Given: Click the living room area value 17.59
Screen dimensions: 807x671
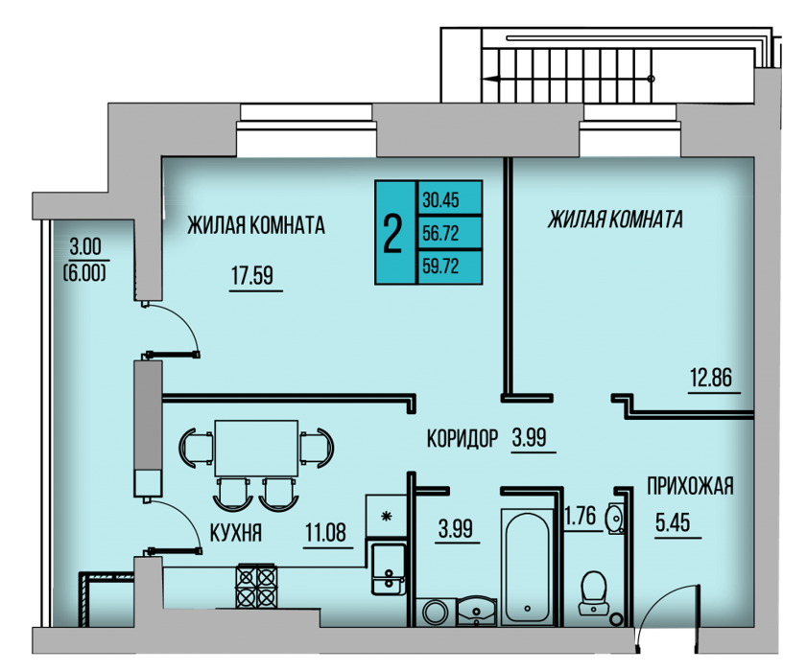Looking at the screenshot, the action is (x=252, y=276).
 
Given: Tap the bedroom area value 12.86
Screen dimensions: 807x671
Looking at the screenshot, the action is (x=711, y=378).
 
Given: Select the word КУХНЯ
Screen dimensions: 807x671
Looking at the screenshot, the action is (x=236, y=533).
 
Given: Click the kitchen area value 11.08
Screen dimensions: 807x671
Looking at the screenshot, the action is (x=326, y=532).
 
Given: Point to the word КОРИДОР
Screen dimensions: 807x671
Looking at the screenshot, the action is (x=463, y=439).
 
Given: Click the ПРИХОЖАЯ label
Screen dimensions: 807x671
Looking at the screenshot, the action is (x=690, y=486).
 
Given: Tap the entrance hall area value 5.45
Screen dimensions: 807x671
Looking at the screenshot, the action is (x=673, y=522).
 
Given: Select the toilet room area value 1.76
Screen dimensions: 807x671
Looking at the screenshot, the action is (x=581, y=516).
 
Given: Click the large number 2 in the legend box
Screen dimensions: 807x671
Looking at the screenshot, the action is (x=392, y=233).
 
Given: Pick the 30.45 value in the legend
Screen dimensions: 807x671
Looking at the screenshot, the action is (x=440, y=199).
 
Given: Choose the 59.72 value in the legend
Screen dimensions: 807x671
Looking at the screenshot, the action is (x=440, y=266).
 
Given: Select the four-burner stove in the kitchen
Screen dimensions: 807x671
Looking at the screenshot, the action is (x=256, y=587).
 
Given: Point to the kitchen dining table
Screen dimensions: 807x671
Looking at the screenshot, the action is (x=256, y=448).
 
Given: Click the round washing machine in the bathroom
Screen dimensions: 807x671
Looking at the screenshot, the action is (x=436, y=612).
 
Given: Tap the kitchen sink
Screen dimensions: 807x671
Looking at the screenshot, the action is (x=389, y=569).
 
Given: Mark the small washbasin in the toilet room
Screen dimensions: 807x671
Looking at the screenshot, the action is (x=614, y=517).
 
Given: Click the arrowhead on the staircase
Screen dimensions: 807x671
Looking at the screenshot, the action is (x=491, y=79).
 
